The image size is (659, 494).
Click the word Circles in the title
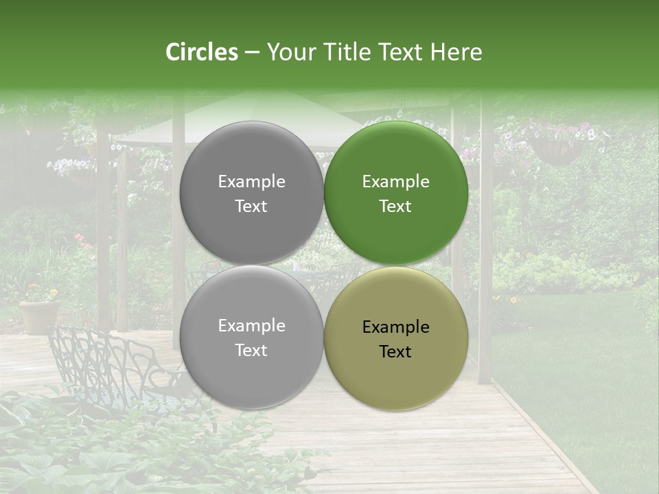[202, 52]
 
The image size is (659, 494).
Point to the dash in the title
[252, 53]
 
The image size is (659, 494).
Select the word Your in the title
[290, 53]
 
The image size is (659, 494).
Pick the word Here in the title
[456, 52]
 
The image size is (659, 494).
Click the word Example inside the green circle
[395, 182]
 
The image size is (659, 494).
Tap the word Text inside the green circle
[395, 206]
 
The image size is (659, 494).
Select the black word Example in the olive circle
[395, 327]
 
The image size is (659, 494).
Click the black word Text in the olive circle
[395, 351]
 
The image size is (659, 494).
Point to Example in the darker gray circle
[251, 182]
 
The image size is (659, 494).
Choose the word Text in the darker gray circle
[251, 206]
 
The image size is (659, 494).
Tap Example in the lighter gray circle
[251, 326]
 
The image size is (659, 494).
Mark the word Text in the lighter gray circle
[251, 350]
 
